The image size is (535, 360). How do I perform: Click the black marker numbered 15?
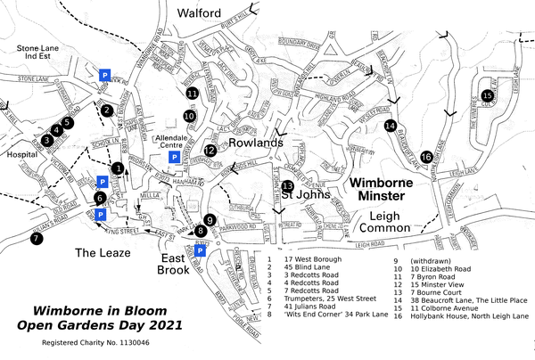click(x=487, y=96)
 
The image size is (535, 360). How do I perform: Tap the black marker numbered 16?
click(x=426, y=157)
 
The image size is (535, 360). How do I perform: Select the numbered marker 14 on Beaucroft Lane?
click(x=390, y=126)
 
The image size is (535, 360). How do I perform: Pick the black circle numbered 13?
click(x=288, y=186)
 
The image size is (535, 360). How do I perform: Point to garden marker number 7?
click(x=36, y=238)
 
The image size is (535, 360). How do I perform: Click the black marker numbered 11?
click(x=192, y=93)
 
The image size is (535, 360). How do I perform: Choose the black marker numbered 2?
click(x=106, y=110)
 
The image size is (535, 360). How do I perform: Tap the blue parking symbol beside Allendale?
click(x=175, y=158)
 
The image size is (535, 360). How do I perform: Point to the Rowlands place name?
click(x=255, y=143)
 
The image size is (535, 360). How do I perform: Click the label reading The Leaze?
click(x=103, y=253)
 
